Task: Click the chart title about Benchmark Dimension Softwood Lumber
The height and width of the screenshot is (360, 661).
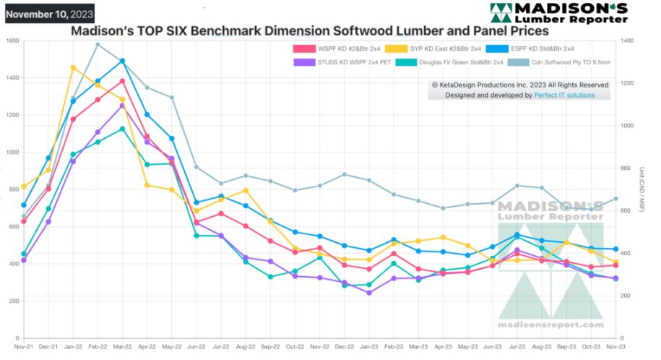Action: click(x=309, y=31)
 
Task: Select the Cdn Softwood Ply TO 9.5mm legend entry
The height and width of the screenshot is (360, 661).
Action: click(x=568, y=62)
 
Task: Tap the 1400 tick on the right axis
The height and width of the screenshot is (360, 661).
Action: click(x=628, y=40)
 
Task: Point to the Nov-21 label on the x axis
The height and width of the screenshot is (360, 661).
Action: click(x=24, y=348)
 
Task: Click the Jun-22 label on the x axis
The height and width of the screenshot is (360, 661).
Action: click(x=196, y=348)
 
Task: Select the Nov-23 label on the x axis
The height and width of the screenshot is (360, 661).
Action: click(x=616, y=348)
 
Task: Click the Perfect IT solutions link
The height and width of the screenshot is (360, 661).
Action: click(x=564, y=95)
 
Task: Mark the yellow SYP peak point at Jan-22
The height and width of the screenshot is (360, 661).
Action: click(x=73, y=68)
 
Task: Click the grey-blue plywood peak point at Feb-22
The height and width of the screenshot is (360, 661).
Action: click(x=98, y=45)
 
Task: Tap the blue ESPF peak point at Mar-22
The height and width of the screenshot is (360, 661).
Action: click(x=122, y=61)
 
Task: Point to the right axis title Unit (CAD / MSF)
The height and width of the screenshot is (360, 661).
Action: click(x=641, y=189)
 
